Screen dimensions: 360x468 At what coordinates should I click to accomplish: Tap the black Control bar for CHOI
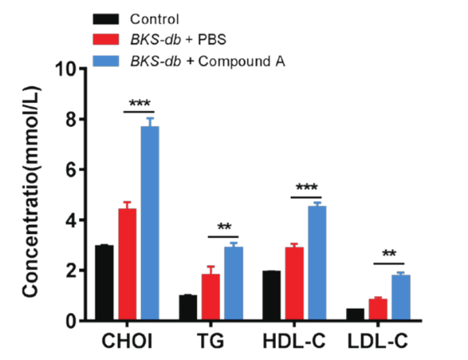[x=104, y=283]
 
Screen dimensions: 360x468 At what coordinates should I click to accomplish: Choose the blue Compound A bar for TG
[x=233, y=284]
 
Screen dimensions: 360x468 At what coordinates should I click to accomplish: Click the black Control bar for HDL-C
[x=271, y=296]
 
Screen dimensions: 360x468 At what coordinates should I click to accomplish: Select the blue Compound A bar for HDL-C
[x=317, y=263]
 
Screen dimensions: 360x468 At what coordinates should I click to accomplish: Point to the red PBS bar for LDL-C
[x=378, y=310]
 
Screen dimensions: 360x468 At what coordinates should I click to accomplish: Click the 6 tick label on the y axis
[x=68, y=170]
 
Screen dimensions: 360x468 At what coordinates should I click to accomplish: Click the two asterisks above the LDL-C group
[x=389, y=255]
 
